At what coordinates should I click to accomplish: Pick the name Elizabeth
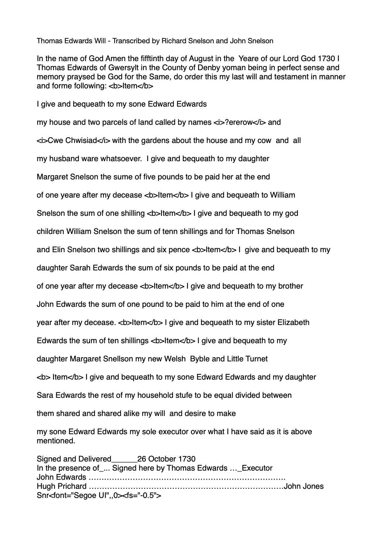293,323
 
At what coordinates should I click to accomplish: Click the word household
154,396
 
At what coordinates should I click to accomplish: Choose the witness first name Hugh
46,487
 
